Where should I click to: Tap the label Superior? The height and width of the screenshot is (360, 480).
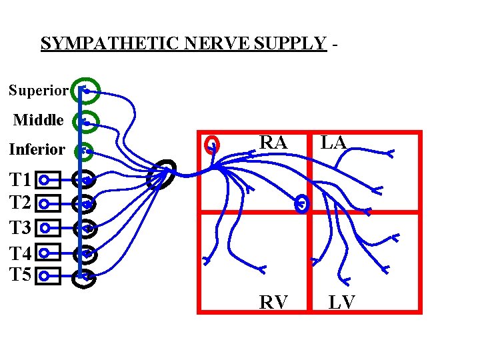pos(39,90)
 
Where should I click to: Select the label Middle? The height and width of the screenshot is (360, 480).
pos(39,121)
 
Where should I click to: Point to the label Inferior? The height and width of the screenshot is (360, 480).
pos(37,149)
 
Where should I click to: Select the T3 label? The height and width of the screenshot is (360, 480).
pos(20,228)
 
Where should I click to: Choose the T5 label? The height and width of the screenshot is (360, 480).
pos(20,274)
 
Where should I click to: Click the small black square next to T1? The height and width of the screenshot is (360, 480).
pos(48,180)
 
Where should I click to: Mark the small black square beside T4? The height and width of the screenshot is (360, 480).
pos(48,253)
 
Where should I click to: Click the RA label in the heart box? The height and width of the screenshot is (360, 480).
pos(273,143)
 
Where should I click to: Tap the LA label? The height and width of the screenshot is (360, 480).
pos(333,142)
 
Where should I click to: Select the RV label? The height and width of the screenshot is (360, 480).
pos(273,303)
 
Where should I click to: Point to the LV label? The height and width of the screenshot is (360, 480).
pos(341,303)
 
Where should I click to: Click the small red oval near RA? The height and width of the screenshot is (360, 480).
pos(212,145)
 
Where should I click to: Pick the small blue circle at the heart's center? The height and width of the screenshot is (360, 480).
pos(302,204)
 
